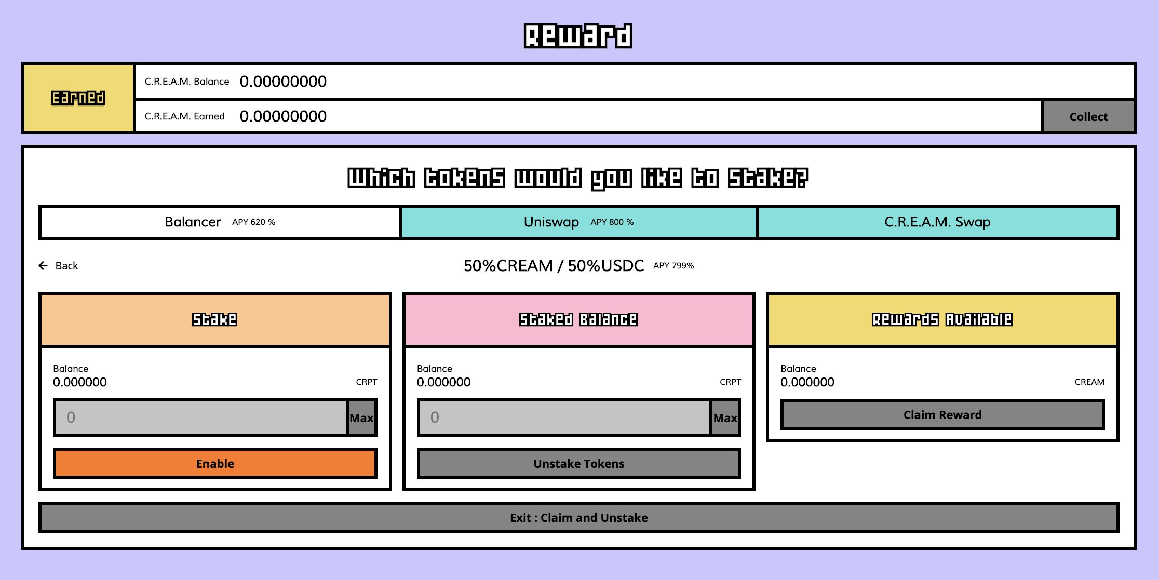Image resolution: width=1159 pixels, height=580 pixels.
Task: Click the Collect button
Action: [x=1088, y=117]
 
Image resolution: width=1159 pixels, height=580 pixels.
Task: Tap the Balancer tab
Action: [x=220, y=222]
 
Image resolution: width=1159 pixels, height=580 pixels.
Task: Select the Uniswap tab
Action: [x=578, y=222]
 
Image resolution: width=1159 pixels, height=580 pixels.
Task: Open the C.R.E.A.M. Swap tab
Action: [x=937, y=222]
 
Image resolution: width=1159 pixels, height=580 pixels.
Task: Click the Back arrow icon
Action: [x=43, y=266]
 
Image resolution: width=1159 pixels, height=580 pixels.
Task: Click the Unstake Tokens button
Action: [x=578, y=464]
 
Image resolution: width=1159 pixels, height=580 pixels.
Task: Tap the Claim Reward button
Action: [x=942, y=415]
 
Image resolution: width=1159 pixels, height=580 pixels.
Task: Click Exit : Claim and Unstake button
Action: [x=578, y=518]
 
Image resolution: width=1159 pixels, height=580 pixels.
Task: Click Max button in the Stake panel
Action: [x=361, y=418]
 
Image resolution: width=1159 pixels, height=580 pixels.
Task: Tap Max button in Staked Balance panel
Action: [x=725, y=418]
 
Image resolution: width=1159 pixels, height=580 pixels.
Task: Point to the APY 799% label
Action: [x=673, y=266]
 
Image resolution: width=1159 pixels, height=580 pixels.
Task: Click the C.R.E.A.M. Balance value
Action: [x=283, y=82]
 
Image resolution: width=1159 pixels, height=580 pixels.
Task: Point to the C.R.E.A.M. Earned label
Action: [x=184, y=116]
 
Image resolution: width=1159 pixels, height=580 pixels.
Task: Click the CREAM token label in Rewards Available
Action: [x=1089, y=382]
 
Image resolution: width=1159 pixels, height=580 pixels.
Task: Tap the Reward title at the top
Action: [x=578, y=36]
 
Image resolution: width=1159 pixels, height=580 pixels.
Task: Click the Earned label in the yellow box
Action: [x=78, y=98]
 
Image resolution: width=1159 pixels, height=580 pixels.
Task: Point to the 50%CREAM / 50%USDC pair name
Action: [x=554, y=266]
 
